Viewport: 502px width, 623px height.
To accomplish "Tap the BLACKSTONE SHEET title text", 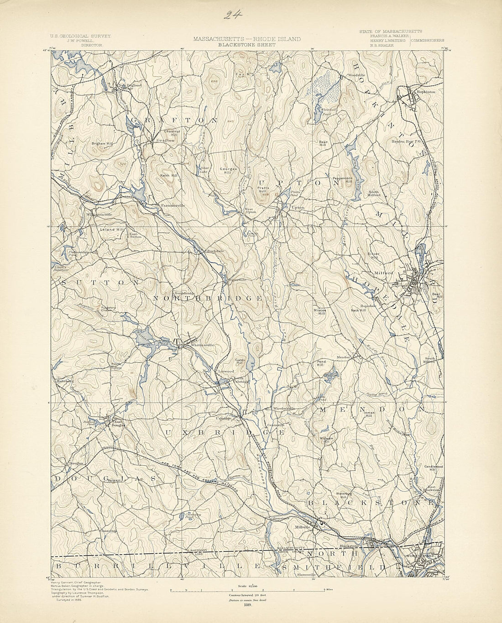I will [246, 45].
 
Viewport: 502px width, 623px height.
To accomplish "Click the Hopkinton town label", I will [424, 92].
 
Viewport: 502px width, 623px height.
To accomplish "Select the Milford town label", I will [383, 273].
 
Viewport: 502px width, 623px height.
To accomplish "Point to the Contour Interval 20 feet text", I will [247, 595].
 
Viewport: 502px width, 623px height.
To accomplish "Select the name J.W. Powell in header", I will [92, 41].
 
